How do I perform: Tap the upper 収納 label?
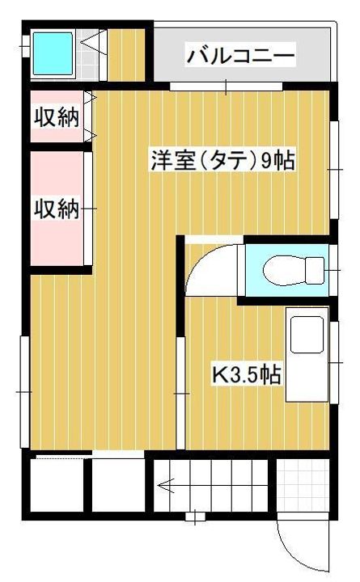56,117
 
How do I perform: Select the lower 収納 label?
56,209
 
